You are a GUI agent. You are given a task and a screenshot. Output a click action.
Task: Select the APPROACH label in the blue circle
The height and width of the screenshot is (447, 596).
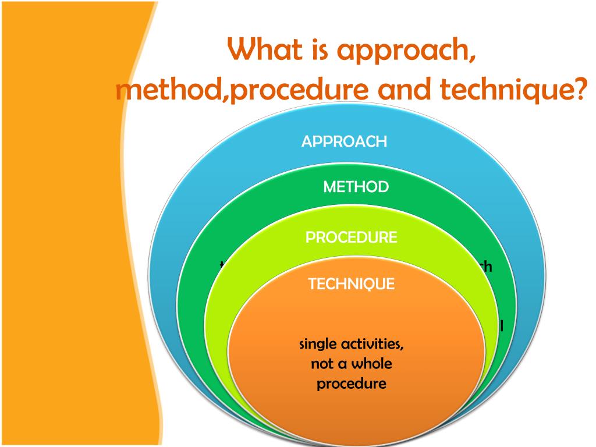344,141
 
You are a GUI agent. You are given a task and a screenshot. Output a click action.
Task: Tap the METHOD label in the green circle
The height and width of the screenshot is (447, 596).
356,187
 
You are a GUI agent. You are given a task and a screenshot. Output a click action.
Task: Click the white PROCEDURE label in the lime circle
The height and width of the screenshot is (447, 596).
352,237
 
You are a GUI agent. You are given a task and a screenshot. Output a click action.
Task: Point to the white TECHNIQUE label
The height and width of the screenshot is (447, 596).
351,284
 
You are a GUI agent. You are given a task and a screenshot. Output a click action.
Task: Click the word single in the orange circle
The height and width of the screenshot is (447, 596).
318,345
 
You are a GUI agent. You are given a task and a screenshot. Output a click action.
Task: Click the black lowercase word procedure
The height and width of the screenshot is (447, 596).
352,385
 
